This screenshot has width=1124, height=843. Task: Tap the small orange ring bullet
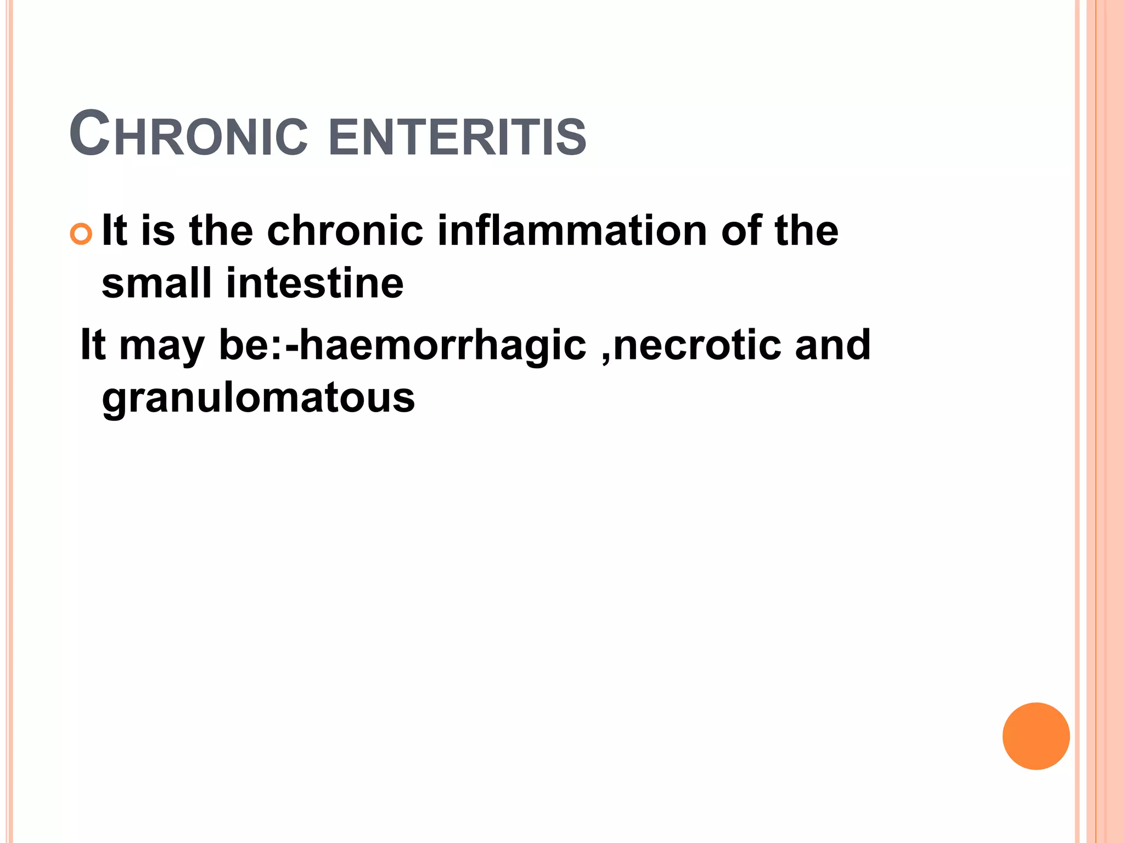pos(81,234)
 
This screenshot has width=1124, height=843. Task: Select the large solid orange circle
pos(1036,736)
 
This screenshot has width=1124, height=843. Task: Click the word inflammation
pos(572,231)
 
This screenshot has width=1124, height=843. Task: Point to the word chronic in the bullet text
pos(345,231)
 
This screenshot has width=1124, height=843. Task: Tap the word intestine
pos(314,283)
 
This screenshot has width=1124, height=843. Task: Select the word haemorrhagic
pos(443,346)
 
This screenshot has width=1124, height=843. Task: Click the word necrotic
pos(697,346)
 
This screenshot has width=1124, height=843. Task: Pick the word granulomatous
pos(258,398)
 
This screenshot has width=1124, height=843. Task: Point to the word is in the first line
pos(158,231)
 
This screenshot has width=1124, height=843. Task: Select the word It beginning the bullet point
pos(114,231)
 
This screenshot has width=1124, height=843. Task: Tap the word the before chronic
pos(221,231)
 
